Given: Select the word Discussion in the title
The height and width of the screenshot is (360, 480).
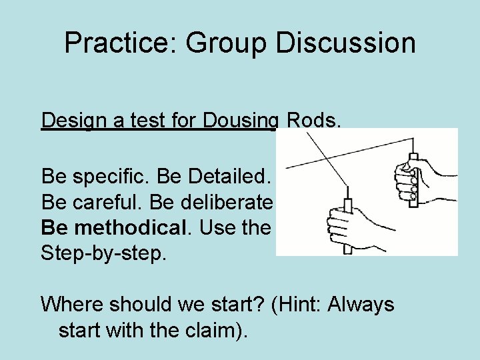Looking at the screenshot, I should point(345,44).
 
